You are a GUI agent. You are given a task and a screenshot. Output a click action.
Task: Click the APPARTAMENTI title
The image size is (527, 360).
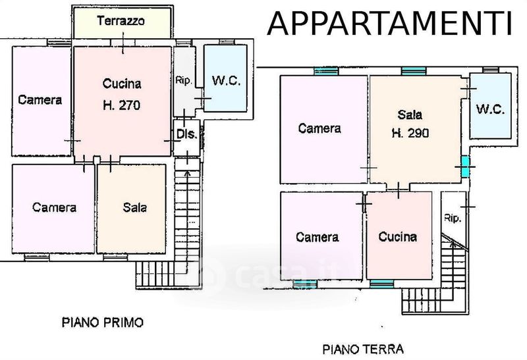[x=389, y=23]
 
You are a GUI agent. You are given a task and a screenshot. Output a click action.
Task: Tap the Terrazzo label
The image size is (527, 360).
[x=121, y=21]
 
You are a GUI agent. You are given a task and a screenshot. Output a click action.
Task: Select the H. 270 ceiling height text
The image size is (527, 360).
[x=121, y=105]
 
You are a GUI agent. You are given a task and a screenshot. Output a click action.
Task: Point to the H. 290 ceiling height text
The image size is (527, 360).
[x=410, y=134]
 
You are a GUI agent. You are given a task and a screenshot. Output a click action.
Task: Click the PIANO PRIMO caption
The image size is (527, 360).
[x=103, y=322]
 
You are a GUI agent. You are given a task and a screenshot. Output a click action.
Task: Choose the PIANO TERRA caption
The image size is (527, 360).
[x=363, y=349]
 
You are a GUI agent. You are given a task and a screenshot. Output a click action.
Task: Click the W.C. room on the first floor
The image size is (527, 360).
[x=225, y=78]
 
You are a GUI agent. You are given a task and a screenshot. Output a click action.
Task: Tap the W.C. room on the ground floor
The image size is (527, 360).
[x=490, y=106]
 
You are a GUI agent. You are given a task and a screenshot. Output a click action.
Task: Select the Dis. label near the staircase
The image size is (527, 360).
[x=187, y=134]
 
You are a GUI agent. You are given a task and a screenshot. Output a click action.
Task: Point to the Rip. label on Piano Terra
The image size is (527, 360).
[x=452, y=219]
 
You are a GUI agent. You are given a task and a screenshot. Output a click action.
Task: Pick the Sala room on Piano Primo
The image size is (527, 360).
[x=131, y=209]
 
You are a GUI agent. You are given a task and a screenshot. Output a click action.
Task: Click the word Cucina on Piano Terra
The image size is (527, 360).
[x=398, y=237]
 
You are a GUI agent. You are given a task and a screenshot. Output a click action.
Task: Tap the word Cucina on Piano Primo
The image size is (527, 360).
[x=122, y=84]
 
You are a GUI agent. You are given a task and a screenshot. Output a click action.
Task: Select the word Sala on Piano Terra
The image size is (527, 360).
[x=410, y=115]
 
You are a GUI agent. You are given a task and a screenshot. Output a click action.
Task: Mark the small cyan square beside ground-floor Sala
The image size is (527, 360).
[x=465, y=167]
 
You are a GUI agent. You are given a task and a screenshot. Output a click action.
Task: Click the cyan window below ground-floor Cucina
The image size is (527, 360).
[x=382, y=284]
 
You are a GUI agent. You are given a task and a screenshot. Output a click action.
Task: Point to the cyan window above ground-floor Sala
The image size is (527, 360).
[x=414, y=71]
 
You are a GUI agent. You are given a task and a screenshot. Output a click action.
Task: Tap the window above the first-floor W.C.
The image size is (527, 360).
[x=226, y=42]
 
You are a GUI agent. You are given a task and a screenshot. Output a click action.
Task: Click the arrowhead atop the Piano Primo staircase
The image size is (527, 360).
[x=187, y=173]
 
